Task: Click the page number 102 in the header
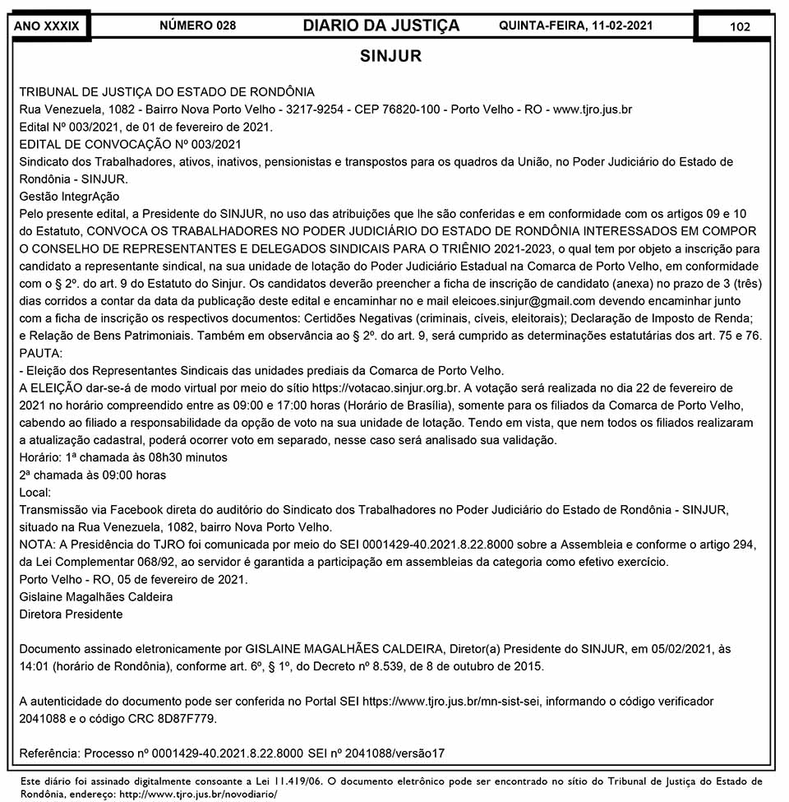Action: pyautogui.click(x=739, y=26)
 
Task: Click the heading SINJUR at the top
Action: pyautogui.click(x=390, y=57)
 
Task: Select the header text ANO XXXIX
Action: pyautogui.click(x=47, y=26)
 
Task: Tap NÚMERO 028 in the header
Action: pyautogui.click(x=197, y=26)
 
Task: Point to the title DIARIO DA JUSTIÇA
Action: pyautogui.click(x=381, y=26)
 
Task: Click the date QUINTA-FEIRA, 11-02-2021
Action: pyautogui.click(x=575, y=26)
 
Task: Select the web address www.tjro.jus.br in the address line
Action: pyautogui.click(x=593, y=109)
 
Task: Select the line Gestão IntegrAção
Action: pyautogui.click(x=69, y=197)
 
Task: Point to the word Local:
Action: pyautogui.click(x=35, y=492)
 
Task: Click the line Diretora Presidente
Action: pyautogui.click(x=71, y=614)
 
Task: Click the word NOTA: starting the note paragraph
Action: pyautogui.click(x=36, y=545)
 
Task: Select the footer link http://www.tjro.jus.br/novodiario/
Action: pyautogui.click(x=198, y=795)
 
